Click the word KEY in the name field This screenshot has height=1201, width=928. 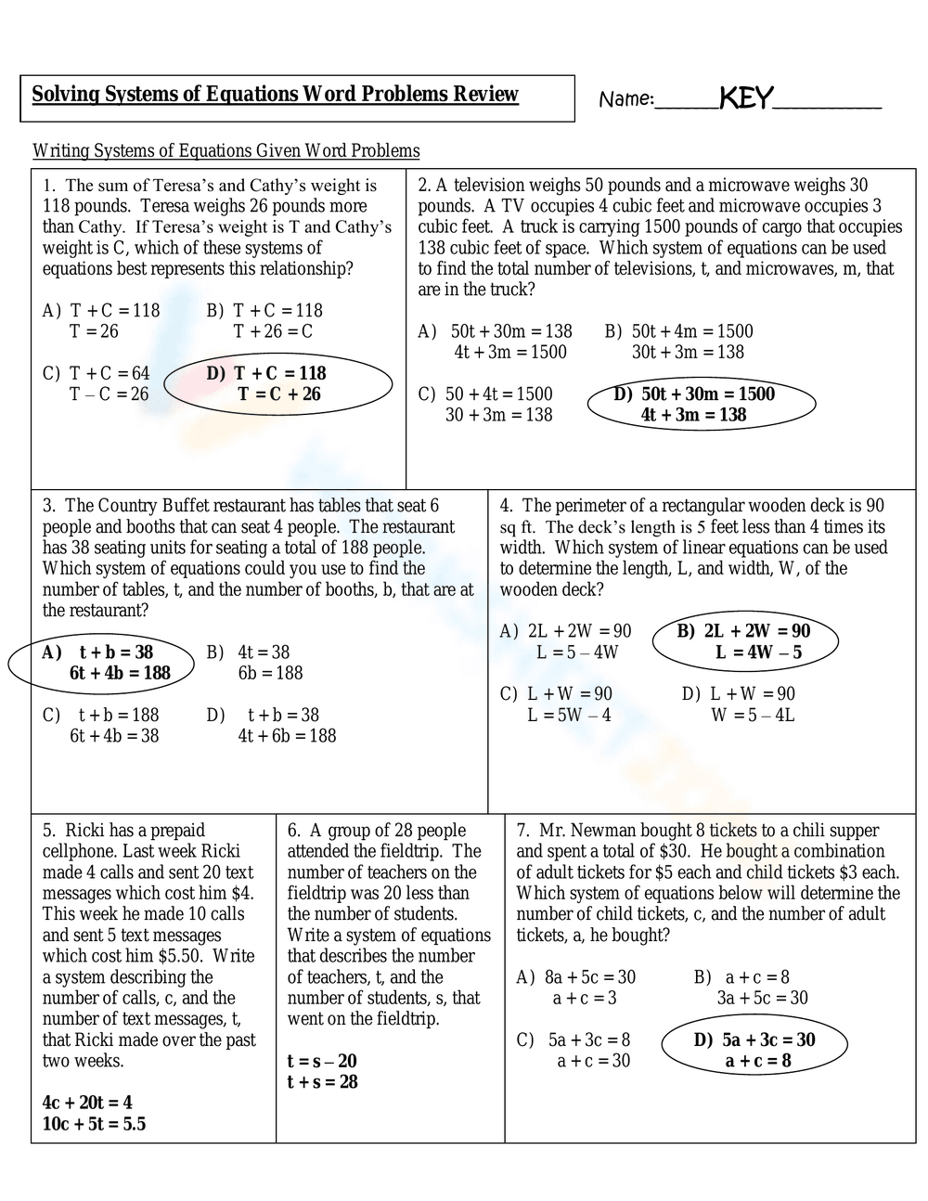tap(746, 97)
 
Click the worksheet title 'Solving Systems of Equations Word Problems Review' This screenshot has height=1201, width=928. tap(275, 94)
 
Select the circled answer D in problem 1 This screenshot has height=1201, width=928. tap(278, 383)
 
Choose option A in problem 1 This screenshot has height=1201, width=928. tap(101, 321)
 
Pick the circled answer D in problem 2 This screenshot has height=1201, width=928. tap(702, 404)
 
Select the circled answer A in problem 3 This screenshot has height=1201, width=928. tap(101, 663)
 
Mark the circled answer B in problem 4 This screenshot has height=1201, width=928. tap(744, 641)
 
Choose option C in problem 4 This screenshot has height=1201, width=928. tap(556, 704)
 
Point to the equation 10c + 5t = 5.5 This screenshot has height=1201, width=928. tap(94, 1124)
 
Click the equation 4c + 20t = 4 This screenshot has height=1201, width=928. tap(87, 1103)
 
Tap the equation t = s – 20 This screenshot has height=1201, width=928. tap(322, 1061)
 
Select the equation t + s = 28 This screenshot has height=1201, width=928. tap(322, 1082)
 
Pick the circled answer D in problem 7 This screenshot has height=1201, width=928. tap(754, 1050)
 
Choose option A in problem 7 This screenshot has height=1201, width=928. tap(576, 988)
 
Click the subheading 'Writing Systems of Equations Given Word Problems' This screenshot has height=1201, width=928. tap(226, 150)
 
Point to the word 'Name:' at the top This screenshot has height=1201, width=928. tap(626, 99)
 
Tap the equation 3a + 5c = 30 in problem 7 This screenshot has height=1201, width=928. tap(762, 998)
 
